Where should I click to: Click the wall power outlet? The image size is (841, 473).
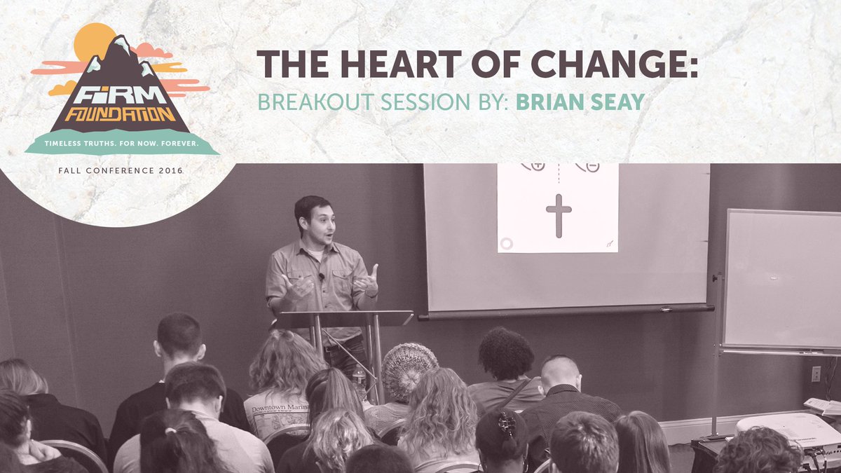(815, 373)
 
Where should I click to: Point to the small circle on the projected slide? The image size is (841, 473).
(506, 243)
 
